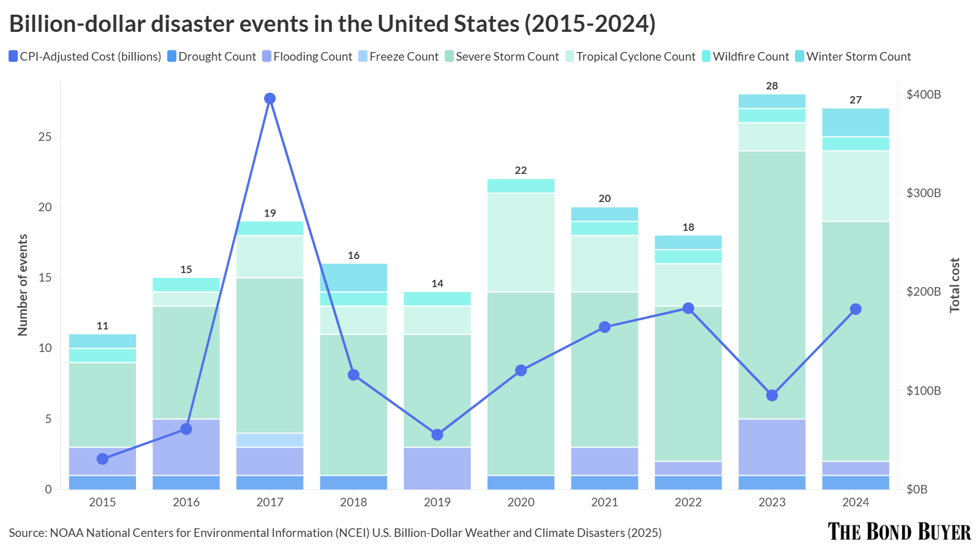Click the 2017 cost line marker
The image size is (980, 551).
[x=269, y=99]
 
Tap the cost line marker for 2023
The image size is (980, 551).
[x=772, y=395]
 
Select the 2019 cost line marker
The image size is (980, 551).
[x=437, y=435]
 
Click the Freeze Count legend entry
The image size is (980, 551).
[x=398, y=57]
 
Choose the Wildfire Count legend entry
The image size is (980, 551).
[x=745, y=57]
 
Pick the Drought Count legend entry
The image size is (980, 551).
[x=211, y=57]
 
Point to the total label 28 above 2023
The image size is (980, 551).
[x=772, y=86]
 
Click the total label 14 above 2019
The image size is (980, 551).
[x=437, y=283]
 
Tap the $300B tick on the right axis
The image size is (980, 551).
[x=923, y=193]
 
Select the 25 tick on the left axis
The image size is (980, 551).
[x=45, y=137]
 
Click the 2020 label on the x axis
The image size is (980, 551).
[x=521, y=503]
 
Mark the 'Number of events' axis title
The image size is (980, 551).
[x=23, y=285]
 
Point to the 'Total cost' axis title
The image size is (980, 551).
[x=954, y=285]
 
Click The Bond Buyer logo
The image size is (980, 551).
[x=899, y=531]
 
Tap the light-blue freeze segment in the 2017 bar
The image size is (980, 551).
[x=269, y=440]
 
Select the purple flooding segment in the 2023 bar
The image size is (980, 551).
[x=772, y=447]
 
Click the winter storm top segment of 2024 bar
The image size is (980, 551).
[x=856, y=122]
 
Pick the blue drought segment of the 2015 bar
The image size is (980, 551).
[x=102, y=482]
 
